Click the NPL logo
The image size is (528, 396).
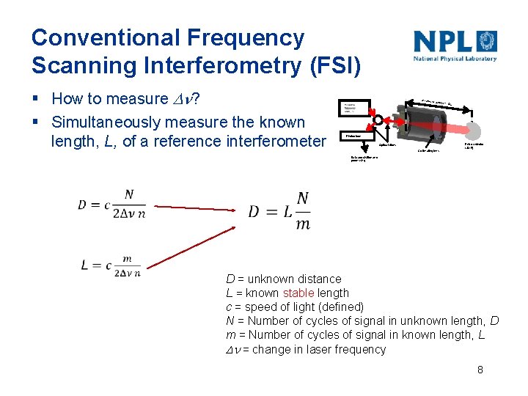(x=455, y=45)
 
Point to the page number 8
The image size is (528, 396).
(x=480, y=370)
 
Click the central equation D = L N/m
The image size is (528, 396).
(x=279, y=211)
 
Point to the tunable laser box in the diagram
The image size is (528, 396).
(x=355, y=109)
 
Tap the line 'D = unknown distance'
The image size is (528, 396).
(x=283, y=279)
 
